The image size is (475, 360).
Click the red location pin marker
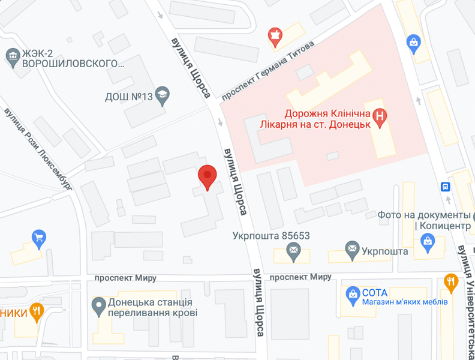(207, 176)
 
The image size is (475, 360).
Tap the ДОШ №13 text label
(127, 96)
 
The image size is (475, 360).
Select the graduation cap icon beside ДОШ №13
(161, 95)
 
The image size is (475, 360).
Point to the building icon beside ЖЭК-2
(12, 56)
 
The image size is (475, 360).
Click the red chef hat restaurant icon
(276, 35)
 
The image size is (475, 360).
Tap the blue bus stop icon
(445, 187)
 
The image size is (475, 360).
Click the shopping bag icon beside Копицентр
(428, 242)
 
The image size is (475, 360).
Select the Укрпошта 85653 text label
(271, 236)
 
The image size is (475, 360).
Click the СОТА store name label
(375, 292)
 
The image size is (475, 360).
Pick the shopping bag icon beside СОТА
(352, 293)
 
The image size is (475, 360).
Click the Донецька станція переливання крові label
(152, 308)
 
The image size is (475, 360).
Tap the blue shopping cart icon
(39, 237)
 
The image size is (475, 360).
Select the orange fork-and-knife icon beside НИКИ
(37, 311)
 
